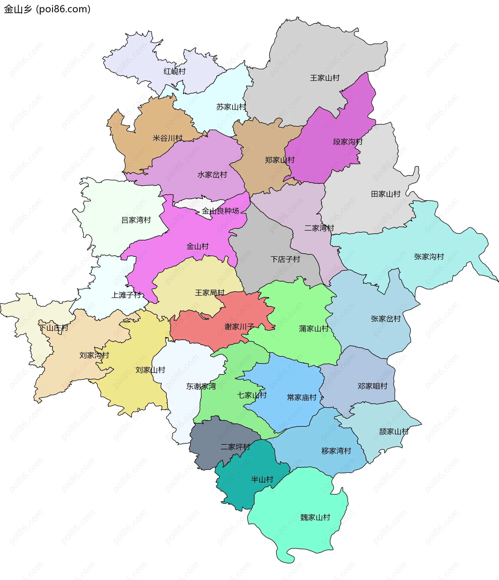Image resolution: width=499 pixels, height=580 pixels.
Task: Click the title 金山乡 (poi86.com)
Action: (x=47, y=9)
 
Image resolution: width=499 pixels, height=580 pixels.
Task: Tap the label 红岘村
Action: (x=174, y=71)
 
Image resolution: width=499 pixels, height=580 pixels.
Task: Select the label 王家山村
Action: (x=325, y=78)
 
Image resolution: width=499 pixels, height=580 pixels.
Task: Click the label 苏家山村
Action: (x=231, y=107)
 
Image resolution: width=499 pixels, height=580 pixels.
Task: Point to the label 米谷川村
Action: (x=167, y=138)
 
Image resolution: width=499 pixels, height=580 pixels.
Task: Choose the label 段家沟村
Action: (x=347, y=142)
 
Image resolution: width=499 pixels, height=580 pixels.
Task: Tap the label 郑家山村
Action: (x=279, y=160)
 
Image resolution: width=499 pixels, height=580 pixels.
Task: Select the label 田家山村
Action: (x=385, y=194)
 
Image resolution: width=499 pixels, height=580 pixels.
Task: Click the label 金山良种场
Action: (x=220, y=211)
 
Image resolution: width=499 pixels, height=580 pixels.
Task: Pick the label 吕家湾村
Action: (x=136, y=220)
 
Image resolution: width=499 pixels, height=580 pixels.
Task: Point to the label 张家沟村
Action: (x=429, y=257)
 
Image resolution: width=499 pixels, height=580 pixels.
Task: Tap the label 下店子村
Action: (x=285, y=259)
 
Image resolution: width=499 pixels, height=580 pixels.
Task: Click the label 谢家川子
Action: (x=239, y=327)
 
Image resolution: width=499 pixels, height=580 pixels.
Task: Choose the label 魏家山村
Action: (x=315, y=517)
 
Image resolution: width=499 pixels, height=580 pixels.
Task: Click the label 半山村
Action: (x=262, y=479)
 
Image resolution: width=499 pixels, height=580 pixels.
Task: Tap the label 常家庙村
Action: (x=301, y=397)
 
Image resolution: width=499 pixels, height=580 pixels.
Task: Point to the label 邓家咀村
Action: (x=372, y=386)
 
